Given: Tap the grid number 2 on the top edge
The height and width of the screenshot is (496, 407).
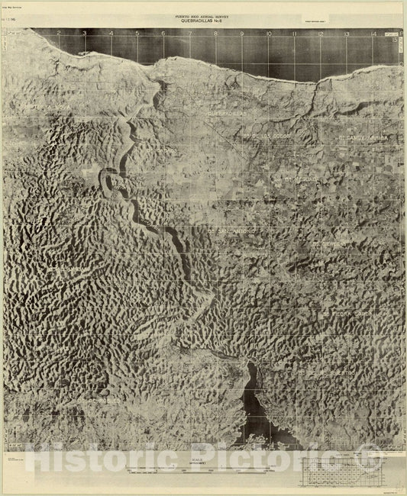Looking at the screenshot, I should click(58, 34).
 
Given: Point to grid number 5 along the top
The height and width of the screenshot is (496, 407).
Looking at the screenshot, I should click(137, 34).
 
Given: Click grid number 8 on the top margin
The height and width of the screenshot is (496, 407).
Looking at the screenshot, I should click(216, 34).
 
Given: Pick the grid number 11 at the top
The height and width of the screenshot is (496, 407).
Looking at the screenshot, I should click(295, 34).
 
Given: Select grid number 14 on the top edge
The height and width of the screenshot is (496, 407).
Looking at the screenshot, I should click(373, 34).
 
